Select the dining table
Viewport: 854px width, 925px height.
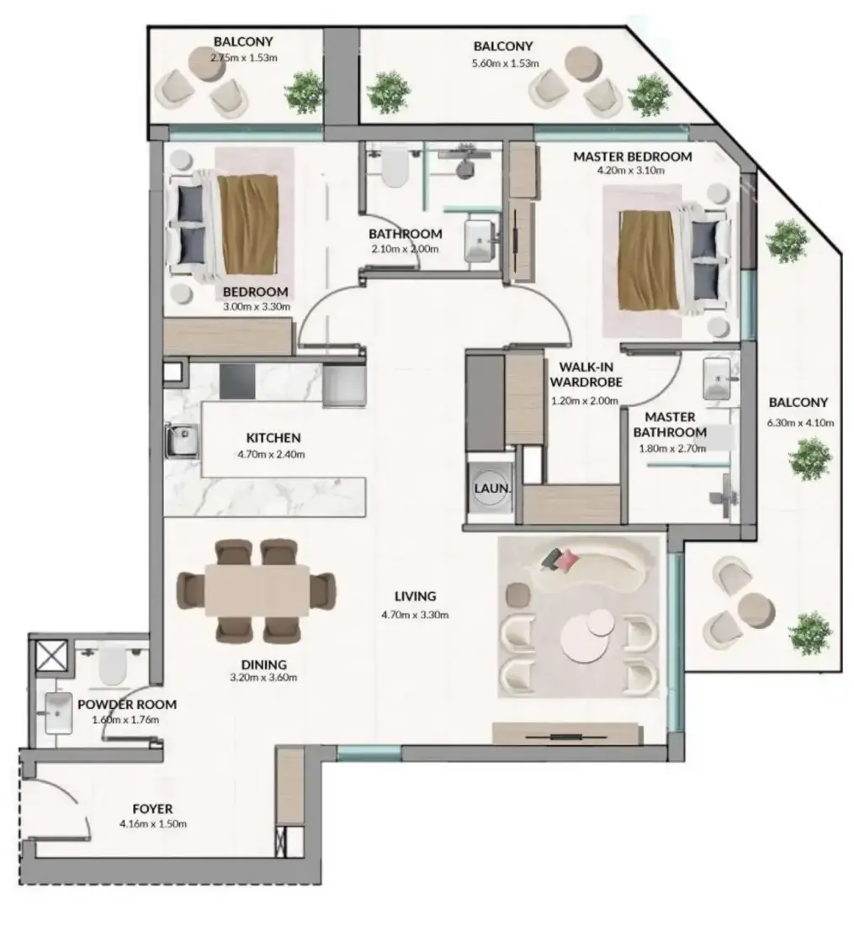(x=257, y=590)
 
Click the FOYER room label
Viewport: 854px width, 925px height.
(x=152, y=809)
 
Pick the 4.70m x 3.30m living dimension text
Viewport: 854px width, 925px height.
(x=415, y=615)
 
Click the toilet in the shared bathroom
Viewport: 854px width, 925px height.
(x=394, y=167)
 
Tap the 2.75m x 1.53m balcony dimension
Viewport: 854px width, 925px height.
(x=243, y=58)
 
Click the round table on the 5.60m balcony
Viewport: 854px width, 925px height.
(x=583, y=64)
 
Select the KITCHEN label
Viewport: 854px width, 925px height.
(x=273, y=438)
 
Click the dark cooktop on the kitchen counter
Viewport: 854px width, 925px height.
(x=237, y=381)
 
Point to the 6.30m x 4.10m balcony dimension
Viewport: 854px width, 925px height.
(x=800, y=422)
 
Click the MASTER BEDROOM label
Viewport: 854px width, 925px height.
(x=633, y=156)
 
